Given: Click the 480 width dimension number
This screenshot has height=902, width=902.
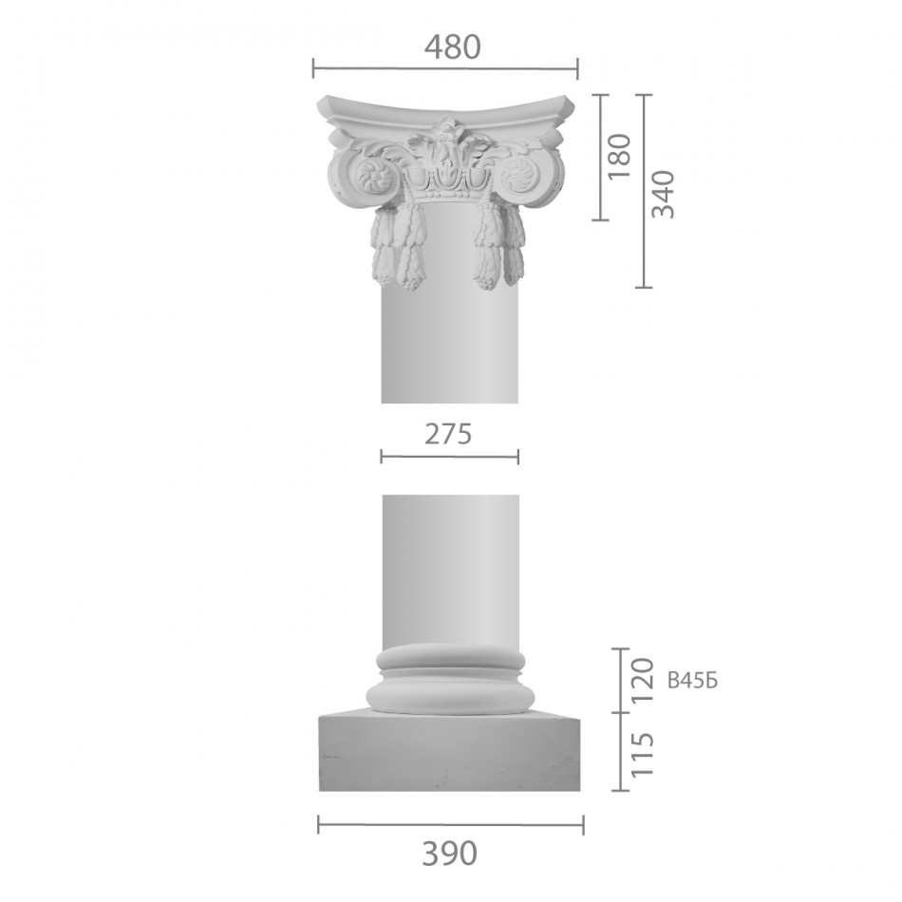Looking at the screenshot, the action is tap(452, 47).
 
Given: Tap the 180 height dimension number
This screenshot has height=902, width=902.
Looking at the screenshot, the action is tap(620, 156).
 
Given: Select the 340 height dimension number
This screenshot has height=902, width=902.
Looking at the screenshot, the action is tap(663, 194).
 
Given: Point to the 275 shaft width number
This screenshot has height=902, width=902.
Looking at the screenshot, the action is tap(448, 434).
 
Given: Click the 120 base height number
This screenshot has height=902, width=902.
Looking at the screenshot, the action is tap(643, 680).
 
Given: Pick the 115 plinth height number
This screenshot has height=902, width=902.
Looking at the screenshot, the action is tap(643, 755).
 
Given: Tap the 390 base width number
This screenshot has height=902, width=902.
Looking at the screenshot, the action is tap(450, 854).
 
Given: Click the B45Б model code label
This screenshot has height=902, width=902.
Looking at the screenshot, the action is tap(692, 681).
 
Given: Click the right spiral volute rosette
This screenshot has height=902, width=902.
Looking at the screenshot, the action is tap(517, 172).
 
